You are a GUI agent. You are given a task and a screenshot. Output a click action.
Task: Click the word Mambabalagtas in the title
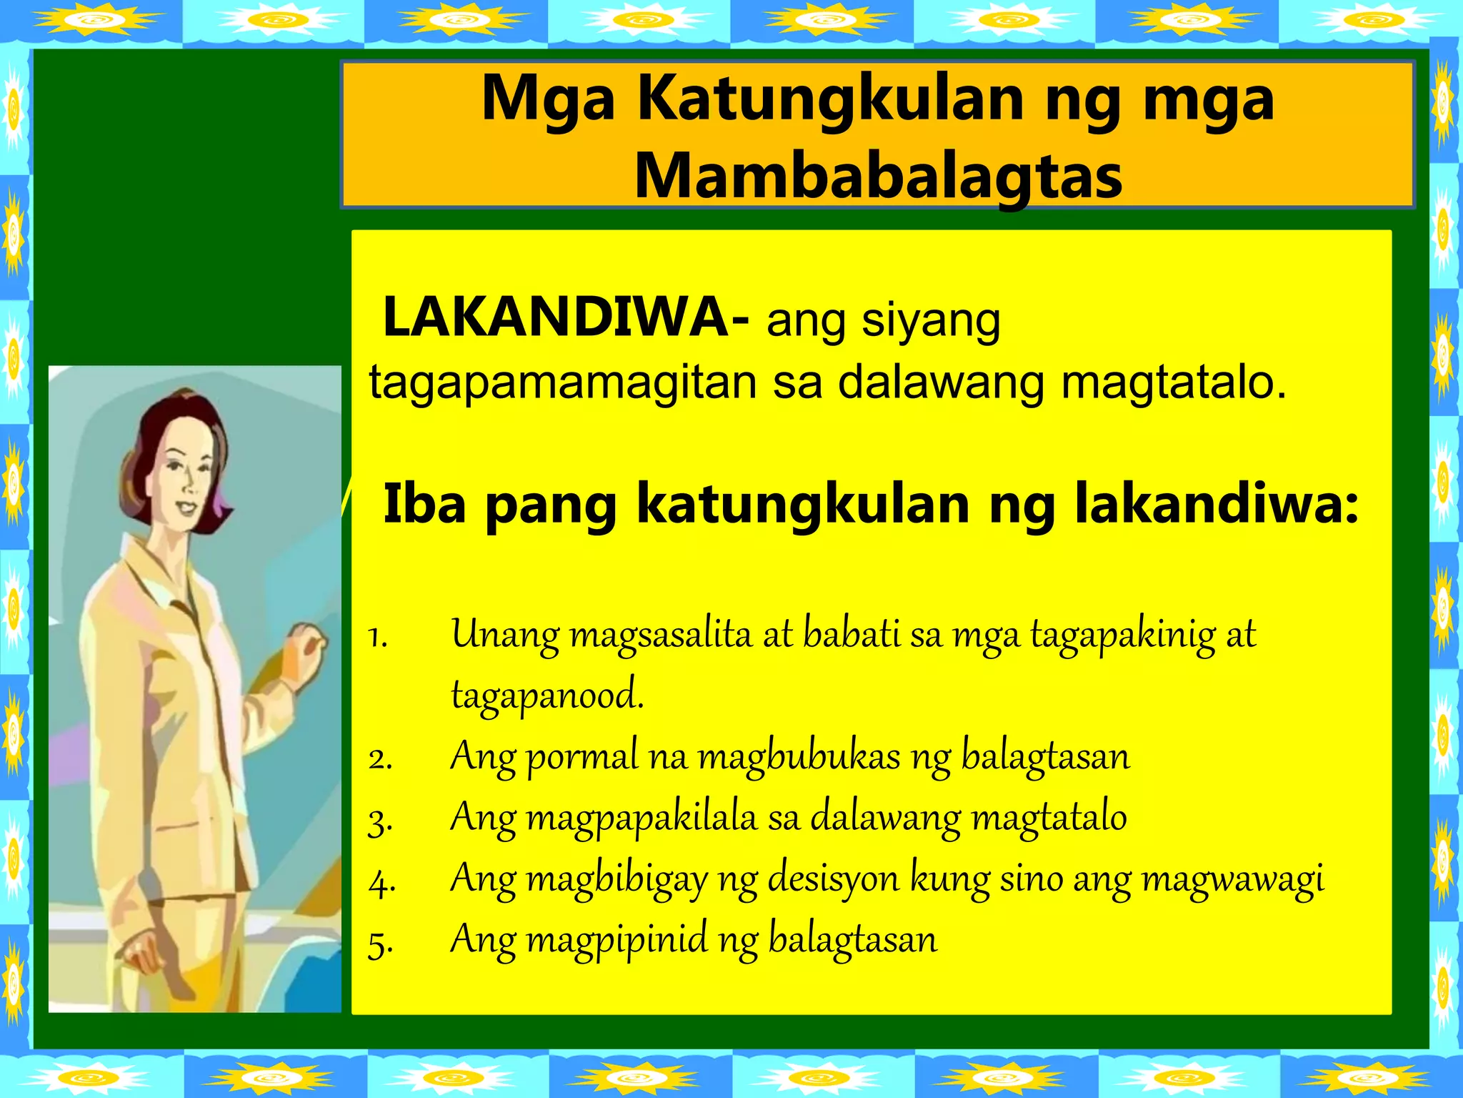(x=878, y=177)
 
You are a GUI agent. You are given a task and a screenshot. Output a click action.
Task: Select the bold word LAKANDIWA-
(x=565, y=318)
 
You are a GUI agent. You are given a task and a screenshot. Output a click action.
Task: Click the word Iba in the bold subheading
(x=424, y=505)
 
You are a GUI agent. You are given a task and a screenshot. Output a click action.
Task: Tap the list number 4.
(x=381, y=883)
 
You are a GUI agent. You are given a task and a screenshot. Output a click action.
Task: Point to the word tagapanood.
(x=547, y=696)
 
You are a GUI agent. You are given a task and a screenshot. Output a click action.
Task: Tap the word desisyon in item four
(x=833, y=879)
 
